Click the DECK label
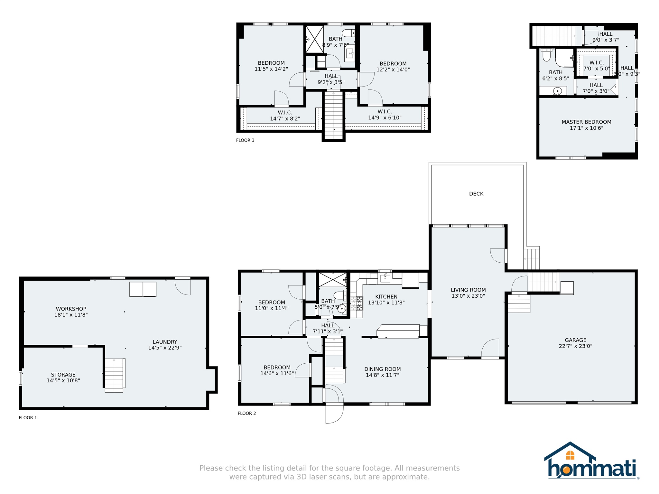coord(476,194)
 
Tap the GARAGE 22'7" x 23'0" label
coord(575,343)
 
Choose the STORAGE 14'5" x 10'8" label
coord(63,377)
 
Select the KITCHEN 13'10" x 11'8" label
coord(386,300)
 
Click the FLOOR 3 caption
coord(245,140)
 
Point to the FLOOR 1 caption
coord(28,418)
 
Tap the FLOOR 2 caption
coord(247,414)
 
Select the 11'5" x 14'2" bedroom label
coord(271,66)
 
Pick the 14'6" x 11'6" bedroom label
coord(277,370)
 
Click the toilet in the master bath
coord(546,55)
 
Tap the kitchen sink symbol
coord(385,278)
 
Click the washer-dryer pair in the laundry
coord(143,289)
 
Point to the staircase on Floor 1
coord(115,375)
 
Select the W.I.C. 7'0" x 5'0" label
coord(597,66)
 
